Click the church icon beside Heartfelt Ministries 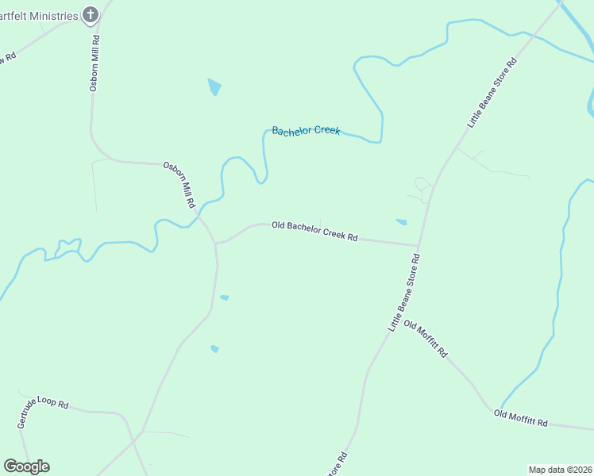(x=91, y=14)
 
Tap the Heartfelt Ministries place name (x=40, y=16)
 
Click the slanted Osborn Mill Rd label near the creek (x=179, y=185)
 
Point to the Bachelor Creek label (x=306, y=131)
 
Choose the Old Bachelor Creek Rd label (x=314, y=231)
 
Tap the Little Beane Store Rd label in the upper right (x=492, y=92)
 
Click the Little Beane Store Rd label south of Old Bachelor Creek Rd (x=403, y=293)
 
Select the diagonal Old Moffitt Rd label (x=426, y=340)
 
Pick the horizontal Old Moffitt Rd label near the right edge (x=521, y=418)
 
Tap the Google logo (x=27, y=466)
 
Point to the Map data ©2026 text (x=560, y=470)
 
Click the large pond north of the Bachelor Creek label (x=214, y=86)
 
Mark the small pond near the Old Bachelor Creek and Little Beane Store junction (x=401, y=222)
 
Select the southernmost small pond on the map (x=214, y=348)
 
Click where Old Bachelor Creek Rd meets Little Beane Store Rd (x=418, y=245)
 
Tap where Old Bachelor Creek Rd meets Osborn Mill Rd (x=216, y=243)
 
